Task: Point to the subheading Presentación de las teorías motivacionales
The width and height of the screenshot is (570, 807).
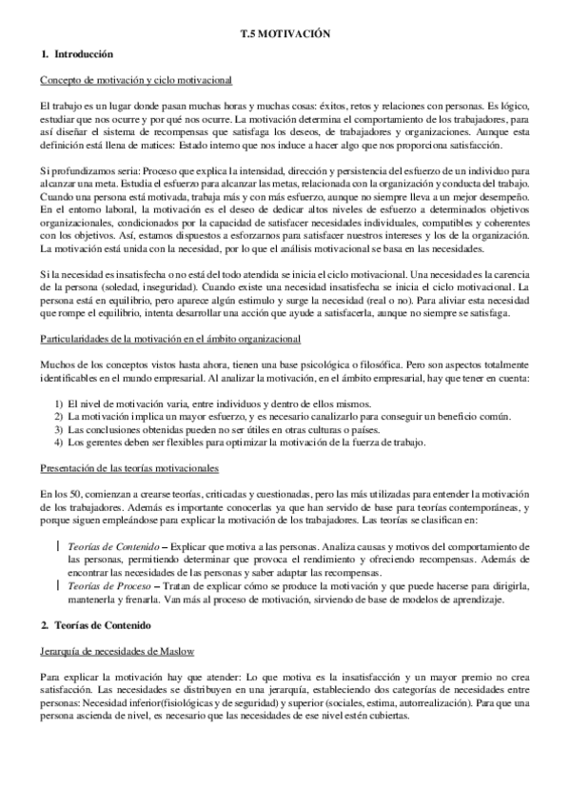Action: [130, 468]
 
